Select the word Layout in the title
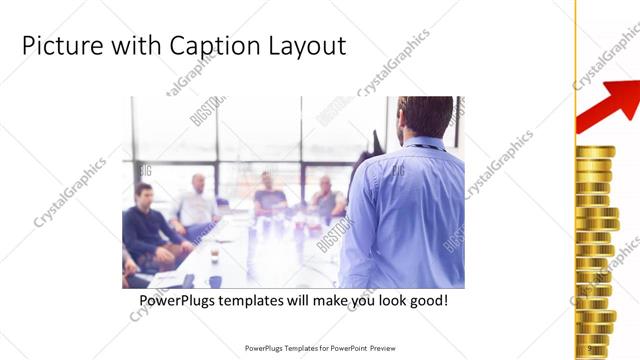[304, 46]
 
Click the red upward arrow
[612, 101]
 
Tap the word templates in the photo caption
[260, 300]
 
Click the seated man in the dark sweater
[150, 225]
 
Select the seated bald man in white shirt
[195, 205]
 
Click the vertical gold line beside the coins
[575, 180]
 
